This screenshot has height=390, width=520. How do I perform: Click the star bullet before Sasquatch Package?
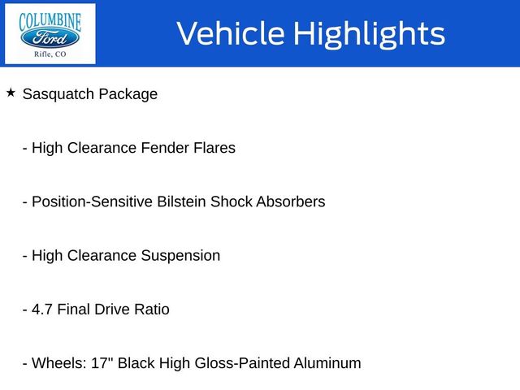(x=11, y=93)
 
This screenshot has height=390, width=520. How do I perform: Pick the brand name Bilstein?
(x=181, y=201)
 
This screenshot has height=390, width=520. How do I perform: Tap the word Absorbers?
(x=290, y=201)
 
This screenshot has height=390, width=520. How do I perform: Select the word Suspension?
(x=180, y=256)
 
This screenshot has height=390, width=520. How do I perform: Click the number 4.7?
(x=42, y=310)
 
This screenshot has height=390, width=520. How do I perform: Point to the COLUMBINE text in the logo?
(x=50, y=18)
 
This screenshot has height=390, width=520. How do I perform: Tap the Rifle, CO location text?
(x=50, y=54)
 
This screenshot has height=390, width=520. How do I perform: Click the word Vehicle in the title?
(x=230, y=33)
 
